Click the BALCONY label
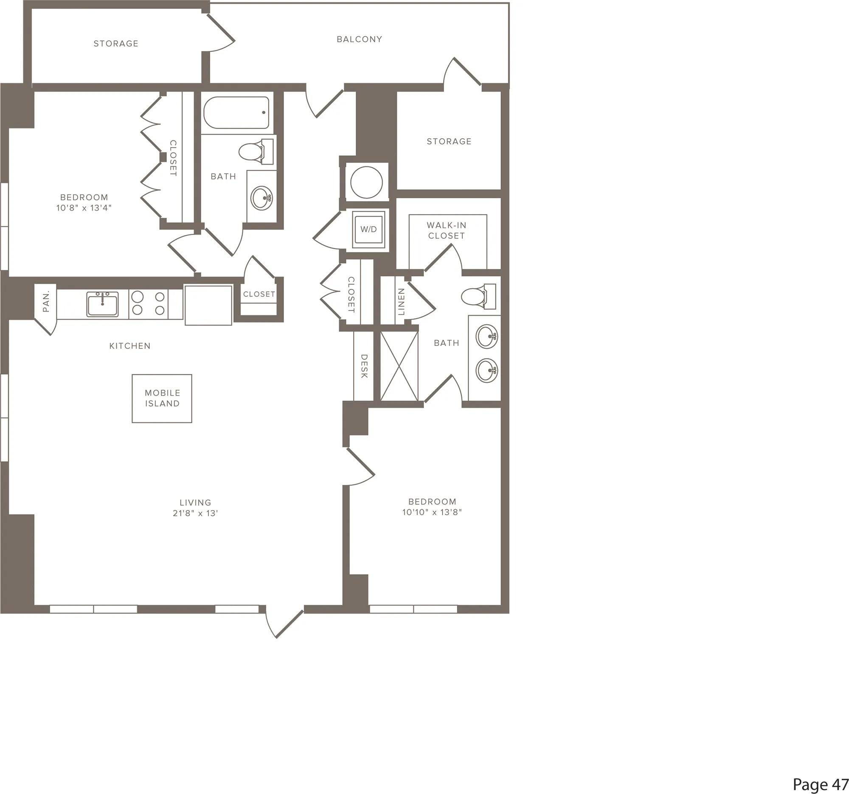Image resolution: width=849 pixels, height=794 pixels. pyautogui.click(x=359, y=39)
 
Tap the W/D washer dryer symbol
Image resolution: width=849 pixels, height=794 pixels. pyautogui.click(x=368, y=229)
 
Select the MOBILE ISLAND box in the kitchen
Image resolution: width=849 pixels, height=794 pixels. pyautogui.click(x=162, y=398)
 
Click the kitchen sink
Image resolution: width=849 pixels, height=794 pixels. pyautogui.click(x=102, y=304)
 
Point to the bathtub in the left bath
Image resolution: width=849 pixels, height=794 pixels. pyautogui.click(x=236, y=113)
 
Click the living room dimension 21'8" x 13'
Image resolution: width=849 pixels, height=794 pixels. pyautogui.click(x=195, y=513)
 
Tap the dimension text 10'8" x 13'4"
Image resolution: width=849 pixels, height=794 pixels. pyautogui.click(x=84, y=208)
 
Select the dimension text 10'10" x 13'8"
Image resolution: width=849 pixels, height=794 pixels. pyautogui.click(x=432, y=512)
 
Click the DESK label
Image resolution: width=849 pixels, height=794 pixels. pyautogui.click(x=364, y=366)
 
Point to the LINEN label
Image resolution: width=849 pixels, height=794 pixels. pyautogui.click(x=401, y=301)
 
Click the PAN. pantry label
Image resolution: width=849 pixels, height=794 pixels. pyautogui.click(x=46, y=301)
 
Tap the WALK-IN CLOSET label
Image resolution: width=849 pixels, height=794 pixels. pyautogui.click(x=446, y=230)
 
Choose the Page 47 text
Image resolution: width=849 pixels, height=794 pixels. pyautogui.click(x=821, y=784)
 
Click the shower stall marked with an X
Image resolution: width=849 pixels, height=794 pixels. pyautogui.click(x=399, y=366)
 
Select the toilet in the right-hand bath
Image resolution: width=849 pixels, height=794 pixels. pyautogui.click(x=479, y=296)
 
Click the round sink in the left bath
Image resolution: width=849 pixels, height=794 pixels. pyautogui.click(x=261, y=198)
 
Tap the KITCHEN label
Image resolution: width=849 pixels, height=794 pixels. pyautogui.click(x=130, y=346)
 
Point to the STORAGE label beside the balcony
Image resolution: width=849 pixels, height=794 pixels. pyautogui.click(x=116, y=44)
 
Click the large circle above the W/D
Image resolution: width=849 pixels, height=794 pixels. pyautogui.click(x=366, y=182)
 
